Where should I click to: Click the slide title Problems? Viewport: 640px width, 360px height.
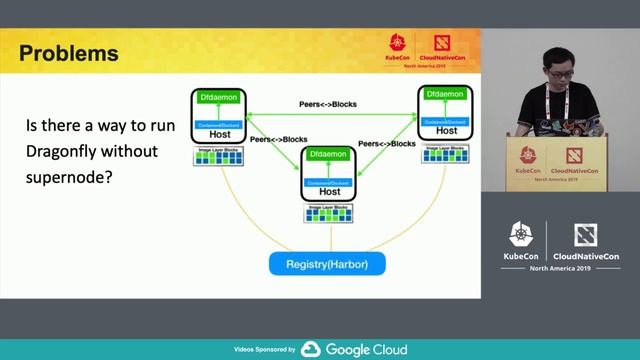tap(69, 53)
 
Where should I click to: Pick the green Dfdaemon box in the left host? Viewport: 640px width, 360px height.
tap(219, 98)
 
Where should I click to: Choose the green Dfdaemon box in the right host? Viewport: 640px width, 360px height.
tap(446, 94)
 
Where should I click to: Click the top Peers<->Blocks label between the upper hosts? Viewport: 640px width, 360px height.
tap(328, 104)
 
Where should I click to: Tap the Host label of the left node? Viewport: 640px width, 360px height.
tap(219, 135)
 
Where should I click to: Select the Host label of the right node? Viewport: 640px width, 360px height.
tap(446, 131)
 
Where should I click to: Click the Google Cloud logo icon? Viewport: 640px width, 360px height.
tap(310, 350)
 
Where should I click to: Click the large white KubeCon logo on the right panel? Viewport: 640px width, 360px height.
tap(520, 240)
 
